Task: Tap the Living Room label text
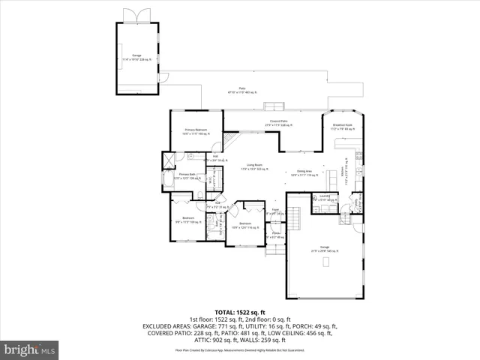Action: [253, 166]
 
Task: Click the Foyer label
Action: [275, 211]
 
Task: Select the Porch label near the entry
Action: [275, 235]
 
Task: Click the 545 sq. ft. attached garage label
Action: [324, 248]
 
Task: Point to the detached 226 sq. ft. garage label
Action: [136, 57]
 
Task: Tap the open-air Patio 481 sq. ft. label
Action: [242, 91]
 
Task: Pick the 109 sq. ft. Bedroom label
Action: [184, 220]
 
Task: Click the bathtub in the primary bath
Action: [168, 181]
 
